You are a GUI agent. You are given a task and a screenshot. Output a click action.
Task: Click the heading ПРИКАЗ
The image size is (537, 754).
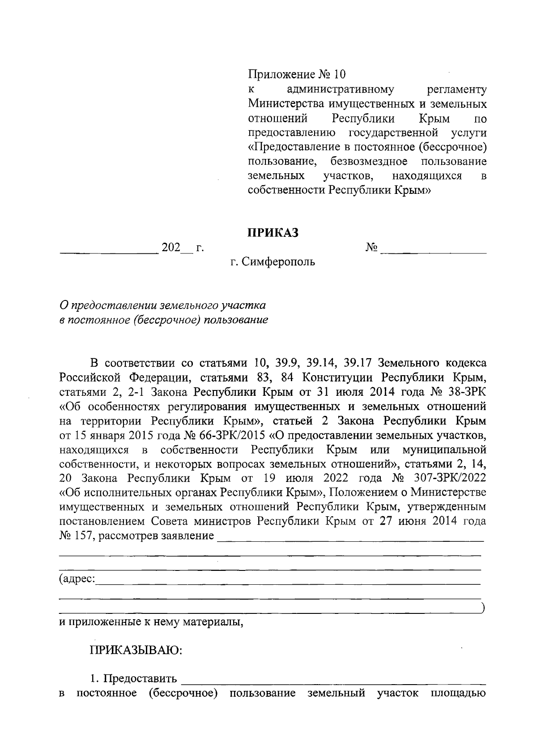click(273, 233)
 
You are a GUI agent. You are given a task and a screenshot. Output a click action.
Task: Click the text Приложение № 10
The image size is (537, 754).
click(297, 74)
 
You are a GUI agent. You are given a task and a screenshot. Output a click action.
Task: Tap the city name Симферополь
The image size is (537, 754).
click(278, 261)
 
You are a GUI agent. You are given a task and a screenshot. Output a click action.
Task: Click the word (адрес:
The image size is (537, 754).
click(77, 579)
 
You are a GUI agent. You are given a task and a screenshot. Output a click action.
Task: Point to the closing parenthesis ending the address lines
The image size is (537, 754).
click(482, 608)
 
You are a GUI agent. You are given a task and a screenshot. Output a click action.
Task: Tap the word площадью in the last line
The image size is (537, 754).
click(458, 694)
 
